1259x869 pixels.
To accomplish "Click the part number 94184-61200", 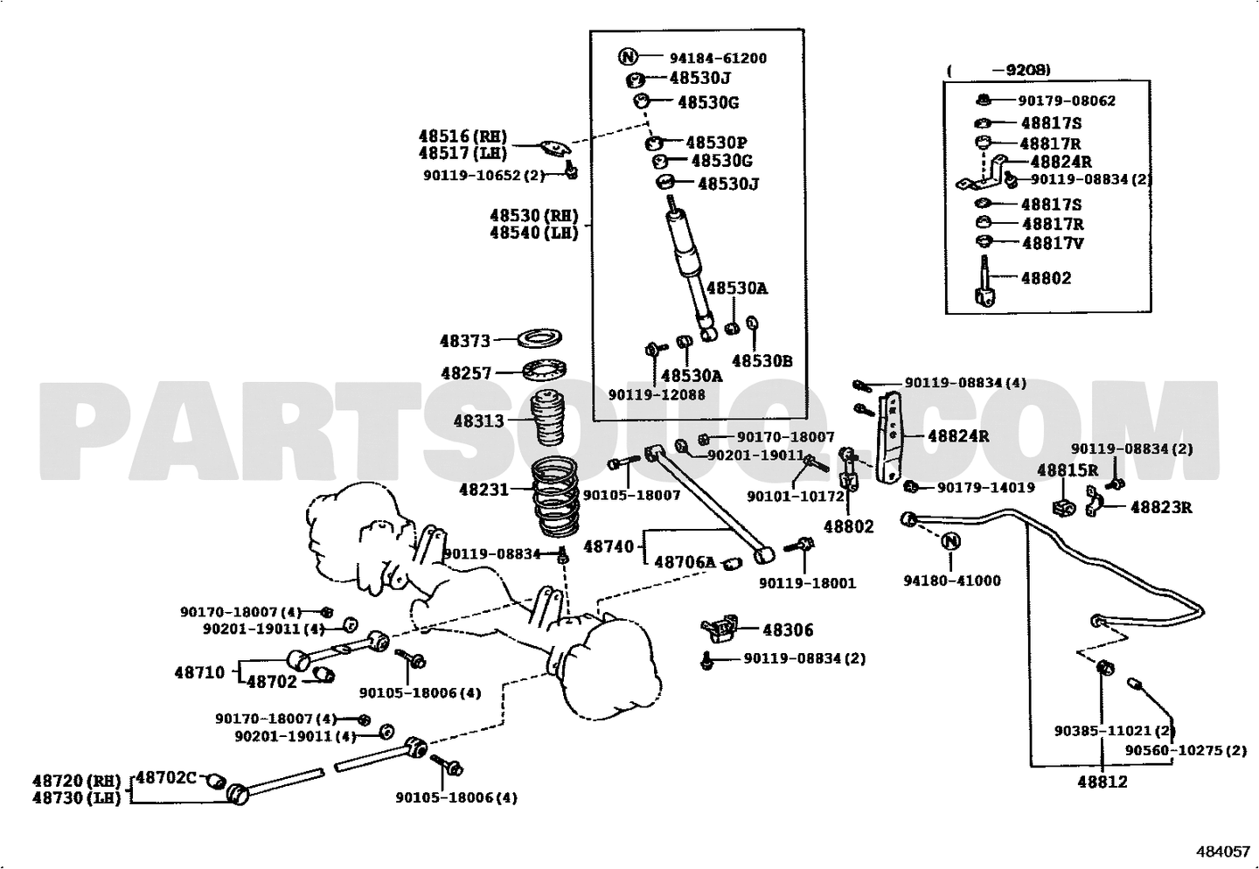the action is coord(718,59).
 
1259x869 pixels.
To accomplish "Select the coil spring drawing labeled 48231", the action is coord(555,497).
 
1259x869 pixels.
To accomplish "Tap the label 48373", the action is coord(465,341).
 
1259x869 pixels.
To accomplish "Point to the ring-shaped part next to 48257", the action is coord(544,370).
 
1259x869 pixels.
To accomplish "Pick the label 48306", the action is coord(788,630).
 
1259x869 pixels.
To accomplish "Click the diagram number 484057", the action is coord(1223,852).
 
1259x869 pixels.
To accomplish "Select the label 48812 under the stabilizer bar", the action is coord(1102,782).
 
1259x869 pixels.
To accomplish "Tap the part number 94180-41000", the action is coord(952,580).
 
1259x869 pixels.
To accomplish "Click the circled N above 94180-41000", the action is coord(950,541).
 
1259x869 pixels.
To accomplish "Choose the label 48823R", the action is coord(1161,508).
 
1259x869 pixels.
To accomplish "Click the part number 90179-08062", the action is coord(1067,101).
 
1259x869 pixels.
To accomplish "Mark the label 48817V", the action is coord(1053,243).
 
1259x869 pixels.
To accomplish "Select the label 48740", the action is coord(609,546).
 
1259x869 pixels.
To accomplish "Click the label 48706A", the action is coord(685,562).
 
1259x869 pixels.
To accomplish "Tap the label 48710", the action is coord(199,672).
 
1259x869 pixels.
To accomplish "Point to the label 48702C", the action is coord(166,777).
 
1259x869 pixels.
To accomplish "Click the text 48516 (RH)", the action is coord(463,136).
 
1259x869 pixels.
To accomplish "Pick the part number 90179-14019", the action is coord(986,488).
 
